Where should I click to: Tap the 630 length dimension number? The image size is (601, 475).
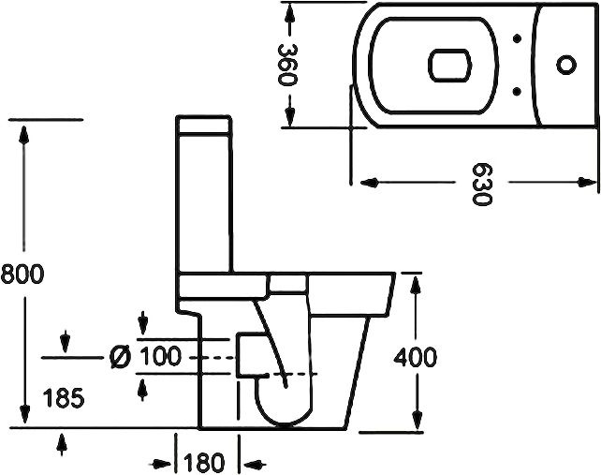(x=480, y=186)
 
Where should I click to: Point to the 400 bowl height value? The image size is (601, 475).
(x=416, y=357)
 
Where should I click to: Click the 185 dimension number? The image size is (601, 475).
(x=65, y=398)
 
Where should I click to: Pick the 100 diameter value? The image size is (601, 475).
(x=160, y=357)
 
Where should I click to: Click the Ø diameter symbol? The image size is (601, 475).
(x=120, y=357)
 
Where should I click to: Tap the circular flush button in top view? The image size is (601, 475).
(x=565, y=64)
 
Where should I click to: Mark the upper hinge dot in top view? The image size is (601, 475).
(x=518, y=39)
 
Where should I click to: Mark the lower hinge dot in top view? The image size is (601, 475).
(x=518, y=89)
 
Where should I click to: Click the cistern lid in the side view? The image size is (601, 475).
(x=205, y=126)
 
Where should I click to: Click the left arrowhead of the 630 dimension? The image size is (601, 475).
(x=361, y=179)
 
